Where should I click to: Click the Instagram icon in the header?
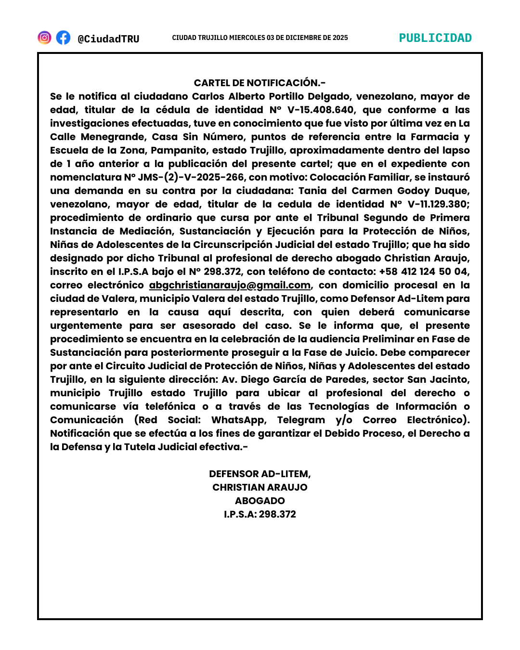(x=44, y=38)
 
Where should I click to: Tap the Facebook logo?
(x=63, y=38)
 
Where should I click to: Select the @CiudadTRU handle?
(x=108, y=39)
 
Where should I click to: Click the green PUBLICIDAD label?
(x=435, y=38)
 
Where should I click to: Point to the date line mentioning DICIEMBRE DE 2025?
(x=260, y=38)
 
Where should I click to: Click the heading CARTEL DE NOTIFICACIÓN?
(x=260, y=83)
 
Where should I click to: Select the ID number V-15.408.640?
(x=321, y=110)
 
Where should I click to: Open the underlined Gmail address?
(x=230, y=286)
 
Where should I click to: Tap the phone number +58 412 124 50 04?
(x=424, y=272)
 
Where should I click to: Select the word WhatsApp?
(x=239, y=420)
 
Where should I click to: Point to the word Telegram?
(x=301, y=420)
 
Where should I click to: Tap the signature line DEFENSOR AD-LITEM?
(x=260, y=474)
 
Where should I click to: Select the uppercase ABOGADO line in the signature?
(x=260, y=501)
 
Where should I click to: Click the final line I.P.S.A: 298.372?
(x=260, y=515)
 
